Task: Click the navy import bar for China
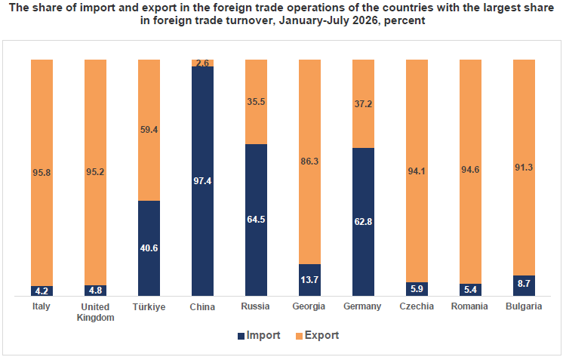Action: (202, 181)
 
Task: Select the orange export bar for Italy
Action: (42, 173)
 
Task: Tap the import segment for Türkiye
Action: (149, 248)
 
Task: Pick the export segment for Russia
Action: (257, 102)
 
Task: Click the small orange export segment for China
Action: (202, 63)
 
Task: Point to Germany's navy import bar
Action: (363, 222)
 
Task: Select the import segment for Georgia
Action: (309, 280)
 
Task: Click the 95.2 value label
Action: (95, 172)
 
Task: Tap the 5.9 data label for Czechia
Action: (417, 289)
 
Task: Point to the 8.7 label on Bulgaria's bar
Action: (524, 284)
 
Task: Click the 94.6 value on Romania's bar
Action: (470, 169)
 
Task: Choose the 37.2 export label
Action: (363, 104)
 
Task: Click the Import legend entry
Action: (259, 335)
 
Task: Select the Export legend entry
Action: (317, 335)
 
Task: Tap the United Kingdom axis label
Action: (95, 312)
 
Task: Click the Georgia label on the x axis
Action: (309, 306)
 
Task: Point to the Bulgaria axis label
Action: (524, 306)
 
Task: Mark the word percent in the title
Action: (405, 20)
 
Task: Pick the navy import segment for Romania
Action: (470, 290)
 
